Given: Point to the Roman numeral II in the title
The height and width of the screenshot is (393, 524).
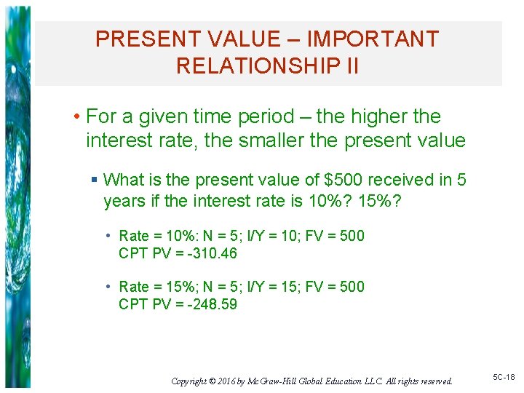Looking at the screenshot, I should (349, 66).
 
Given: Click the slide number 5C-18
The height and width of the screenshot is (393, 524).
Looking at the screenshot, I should (504, 377).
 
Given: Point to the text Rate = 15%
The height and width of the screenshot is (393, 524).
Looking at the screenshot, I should (154, 287).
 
